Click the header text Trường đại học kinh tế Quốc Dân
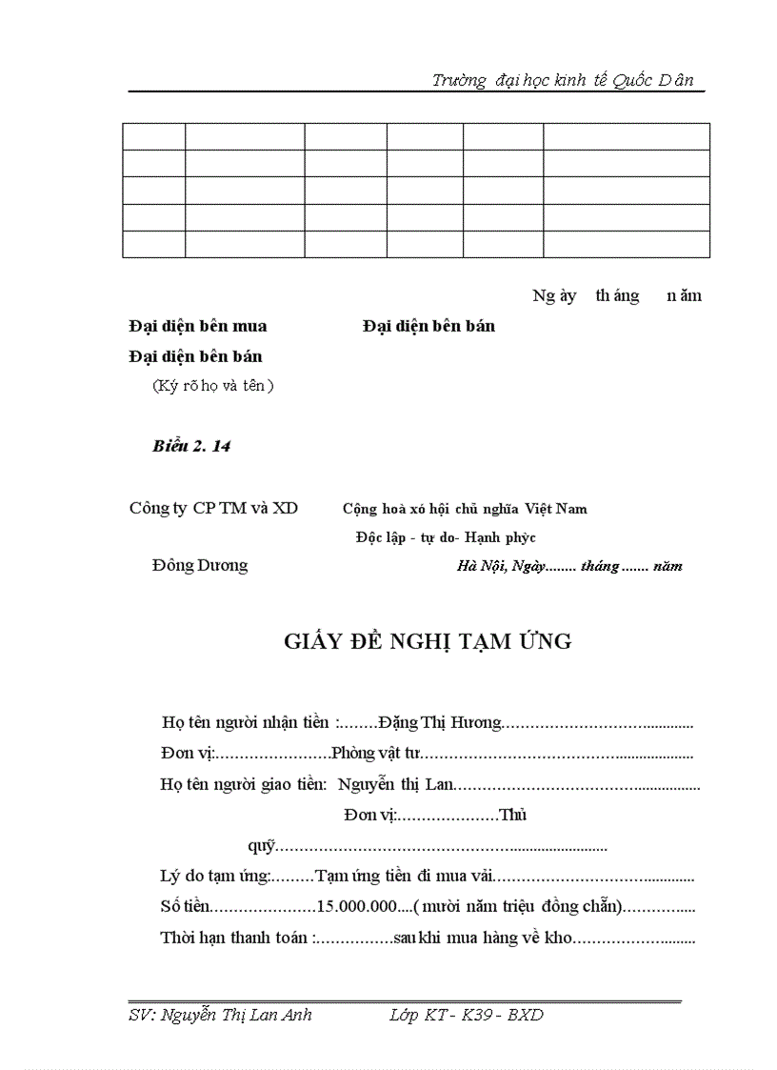point(568,80)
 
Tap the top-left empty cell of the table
point(153,136)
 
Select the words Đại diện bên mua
point(198,326)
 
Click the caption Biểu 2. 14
point(191,446)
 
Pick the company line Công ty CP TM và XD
point(213,508)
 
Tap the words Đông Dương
point(199,565)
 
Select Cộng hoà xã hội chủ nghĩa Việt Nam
point(465,509)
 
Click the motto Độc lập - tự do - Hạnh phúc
point(446,537)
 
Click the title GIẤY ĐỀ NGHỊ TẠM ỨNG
point(428,641)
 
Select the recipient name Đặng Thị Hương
point(439,723)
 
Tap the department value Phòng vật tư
point(375,754)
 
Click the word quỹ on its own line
point(261,846)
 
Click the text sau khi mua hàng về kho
point(482,938)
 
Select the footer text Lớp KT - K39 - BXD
point(467,1016)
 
